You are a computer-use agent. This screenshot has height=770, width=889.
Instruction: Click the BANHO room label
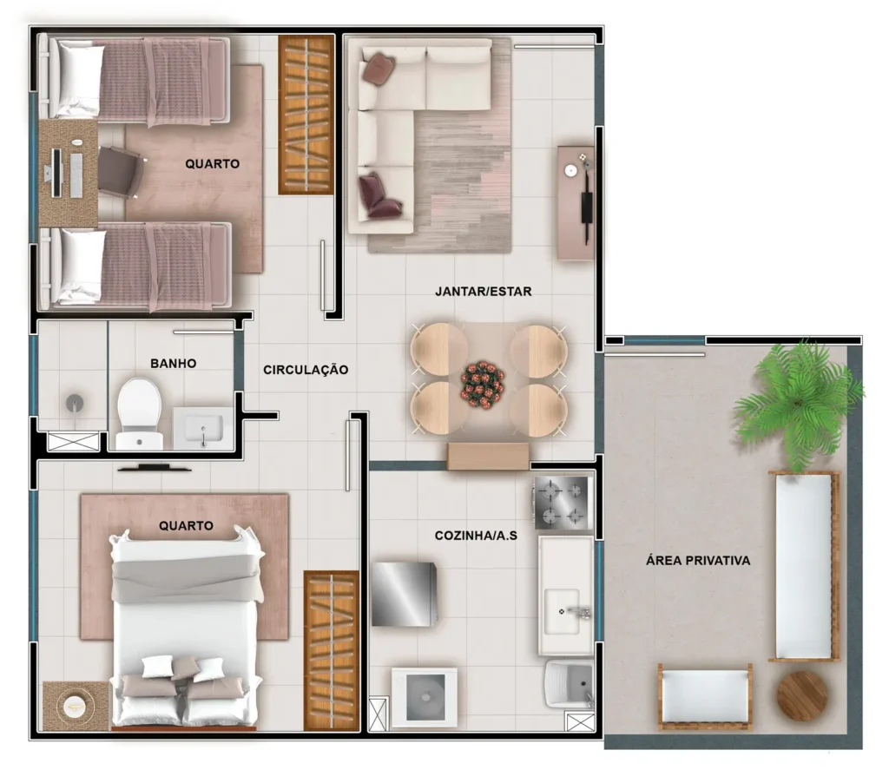pyautogui.click(x=174, y=363)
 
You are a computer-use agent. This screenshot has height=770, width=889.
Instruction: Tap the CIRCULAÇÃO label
pyautogui.click(x=306, y=370)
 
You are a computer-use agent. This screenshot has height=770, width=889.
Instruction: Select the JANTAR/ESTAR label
pyautogui.click(x=483, y=292)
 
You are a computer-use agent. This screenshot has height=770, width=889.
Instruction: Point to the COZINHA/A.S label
pyautogui.click(x=476, y=536)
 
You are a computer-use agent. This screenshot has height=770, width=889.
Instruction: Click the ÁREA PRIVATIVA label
pyautogui.click(x=697, y=561)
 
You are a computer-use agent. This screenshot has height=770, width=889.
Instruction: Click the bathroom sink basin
pyautogui.click(x=202, y=428)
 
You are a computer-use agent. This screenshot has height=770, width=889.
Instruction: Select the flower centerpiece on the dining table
pyautogui.click(x=483, y=383)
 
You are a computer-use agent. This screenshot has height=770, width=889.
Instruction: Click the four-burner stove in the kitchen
pyautogui.click(x=562, y=503)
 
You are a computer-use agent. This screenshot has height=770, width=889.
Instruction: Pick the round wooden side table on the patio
pyautogui.click(x=801, y=695)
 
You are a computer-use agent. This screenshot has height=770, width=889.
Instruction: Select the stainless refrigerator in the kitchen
pyautogui.click(x=404, y=594)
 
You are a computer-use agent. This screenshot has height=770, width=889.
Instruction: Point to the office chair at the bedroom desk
pyautogui.click(x=120, y=171)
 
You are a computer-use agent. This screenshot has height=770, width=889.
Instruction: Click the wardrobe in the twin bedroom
pyautogui.click(x=306, y=115)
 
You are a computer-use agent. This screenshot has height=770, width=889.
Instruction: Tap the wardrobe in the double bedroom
pyautogui.click(x=331, y=650)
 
